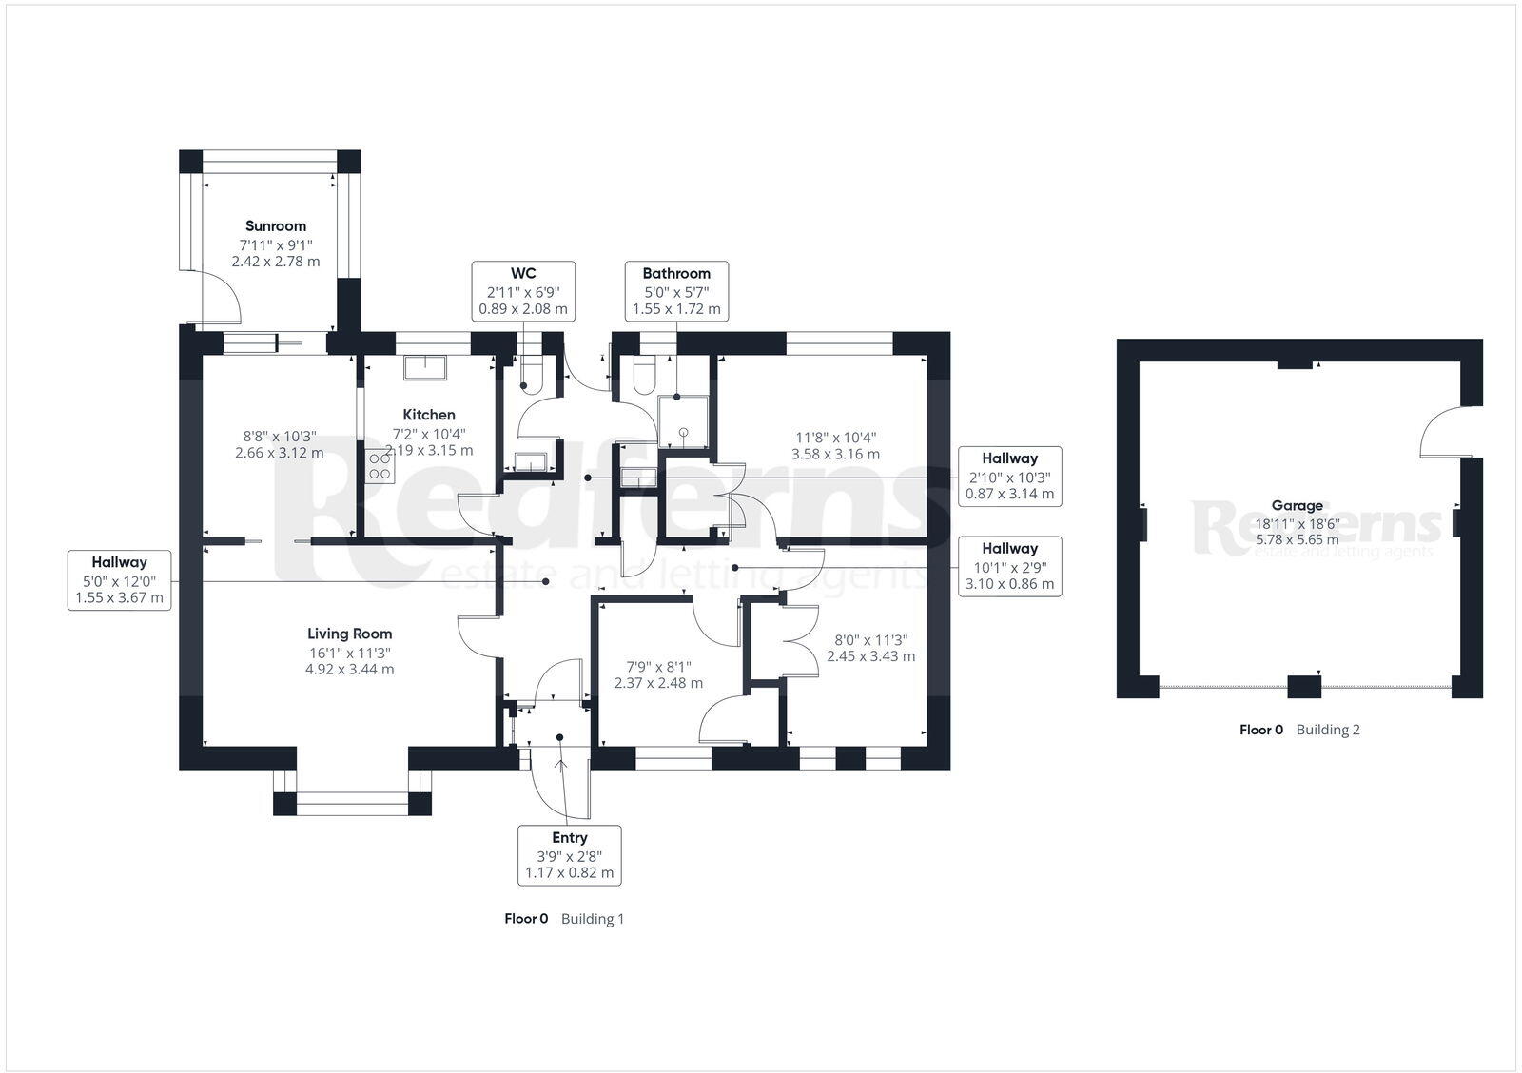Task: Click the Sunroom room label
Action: point(276,226)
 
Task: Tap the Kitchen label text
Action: point(429,415)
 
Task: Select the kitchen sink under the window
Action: point(426,366)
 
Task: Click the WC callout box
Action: point(523,291)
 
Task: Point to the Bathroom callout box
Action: point(676,291)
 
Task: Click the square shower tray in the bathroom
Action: point(683,419)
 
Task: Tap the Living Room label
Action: point(349,634)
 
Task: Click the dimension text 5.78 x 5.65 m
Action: point(1296,539)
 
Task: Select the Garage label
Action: point(1297,506)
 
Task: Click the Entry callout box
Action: point(569,854)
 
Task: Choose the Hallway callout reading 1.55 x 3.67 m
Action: point(119,580)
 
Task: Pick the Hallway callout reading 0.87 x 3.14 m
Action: point(1009,476)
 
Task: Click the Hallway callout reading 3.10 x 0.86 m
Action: point(1009,566)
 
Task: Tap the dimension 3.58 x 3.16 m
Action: point(835,454)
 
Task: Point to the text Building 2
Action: point(1328,730)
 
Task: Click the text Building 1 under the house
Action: point(592,919)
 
